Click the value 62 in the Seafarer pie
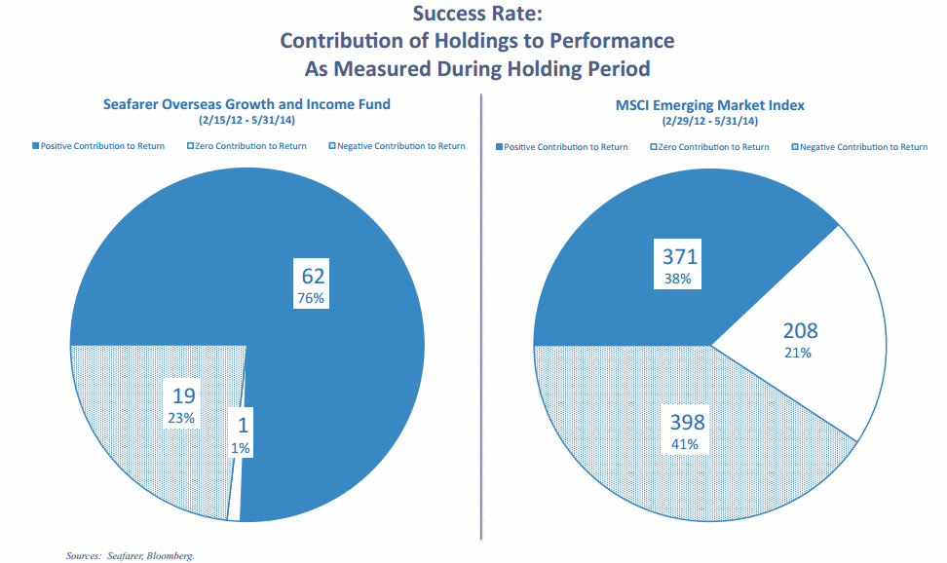coord(312,276)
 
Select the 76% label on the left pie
coord(312,298)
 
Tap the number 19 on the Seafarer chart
coord(183,395)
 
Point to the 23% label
coord(183,417)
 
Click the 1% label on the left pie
coord(241,448)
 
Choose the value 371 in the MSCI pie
coord(678,257)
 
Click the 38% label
coord(678,279)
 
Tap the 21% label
coord(798,352)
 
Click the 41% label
coord(686,444)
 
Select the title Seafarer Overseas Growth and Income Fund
coord(246,104)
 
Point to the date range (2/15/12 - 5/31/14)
coord(246,121)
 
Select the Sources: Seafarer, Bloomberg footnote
coord(131,555)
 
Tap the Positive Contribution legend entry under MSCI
coord(565,147)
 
